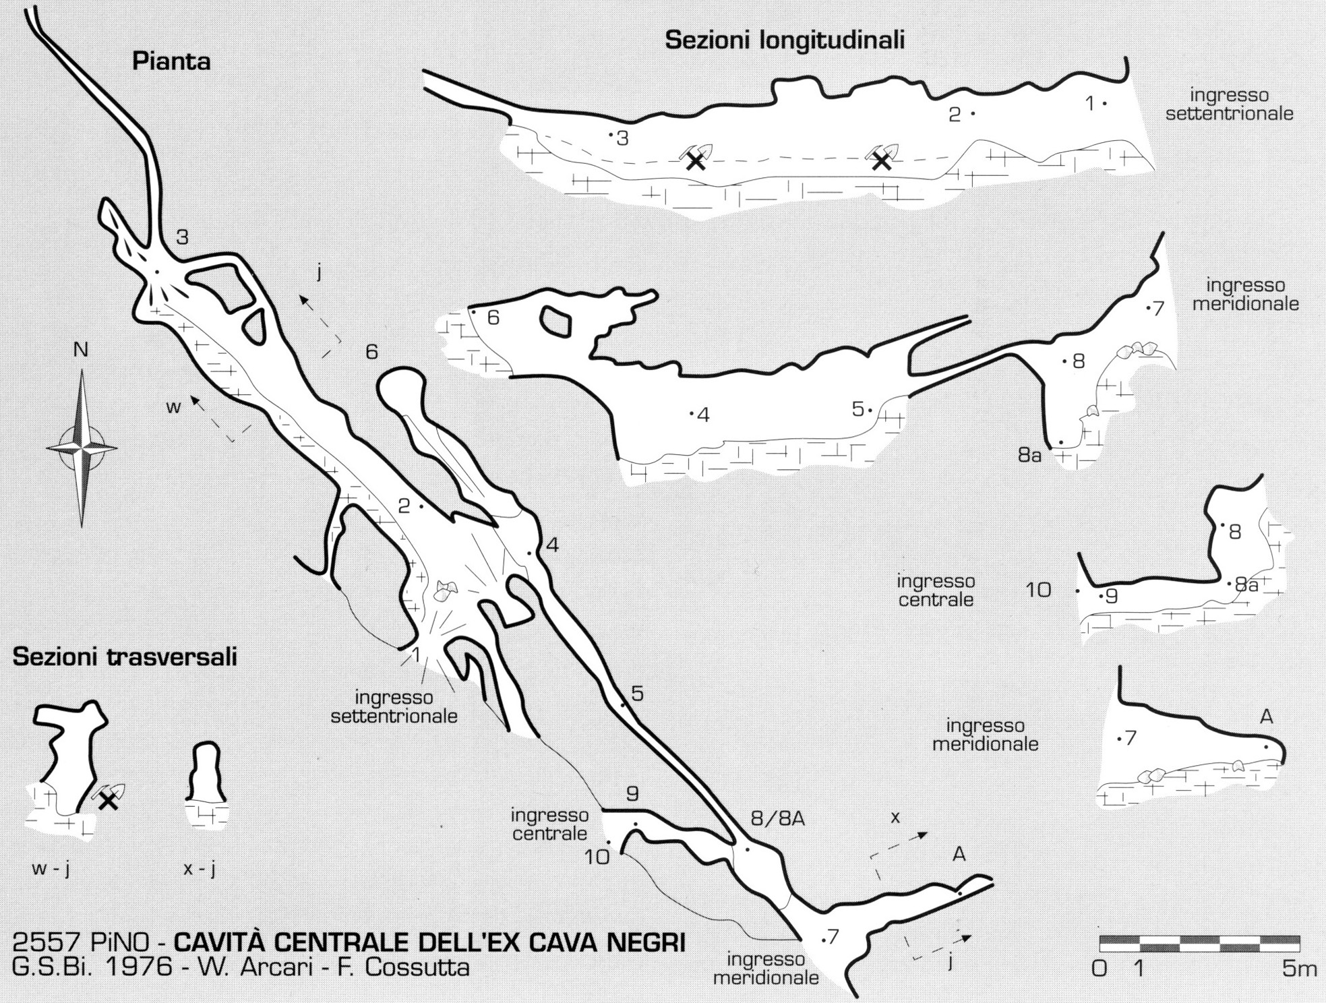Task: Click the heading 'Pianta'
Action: [171, 61]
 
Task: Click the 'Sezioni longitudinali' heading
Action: [785, 40]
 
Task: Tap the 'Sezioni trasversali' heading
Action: [125, 657]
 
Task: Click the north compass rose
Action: [82, 448]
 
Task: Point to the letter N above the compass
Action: [81, 350]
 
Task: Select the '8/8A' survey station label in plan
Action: [778, 820]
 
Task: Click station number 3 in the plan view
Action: [182, 237]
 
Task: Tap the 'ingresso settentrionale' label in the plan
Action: [394, 706]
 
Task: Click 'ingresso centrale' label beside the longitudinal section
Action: [936, 590]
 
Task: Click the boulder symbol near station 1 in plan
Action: [444, 591]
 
